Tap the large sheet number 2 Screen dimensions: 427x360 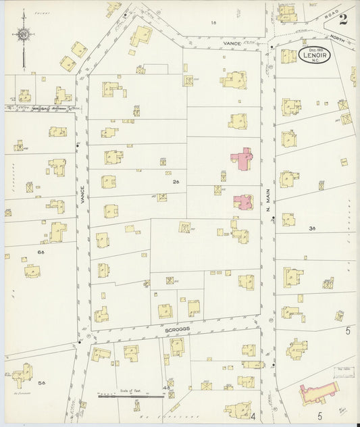pyautogui.click(x=343, y=19)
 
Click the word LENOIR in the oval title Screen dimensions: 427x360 pyautogui.click(x=314, y=57)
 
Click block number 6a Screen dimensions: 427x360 pyautogui.click(x=41, y=252)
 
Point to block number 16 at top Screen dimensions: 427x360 pyautogui.click(x=213, y=22)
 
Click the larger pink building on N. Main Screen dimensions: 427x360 pyautogui.click(x=242, y=159)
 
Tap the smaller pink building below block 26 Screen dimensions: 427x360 pyautogui.click(x=243, y=201)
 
